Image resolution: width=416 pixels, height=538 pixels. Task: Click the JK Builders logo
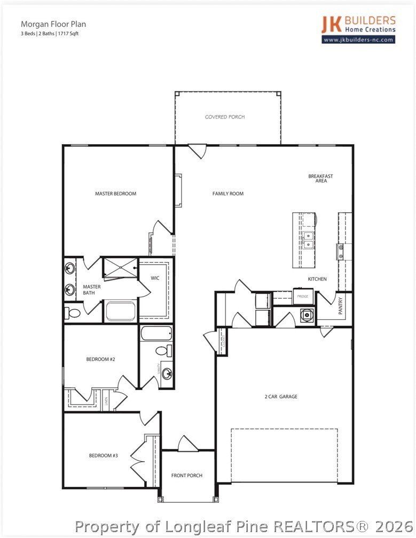pos(358,24)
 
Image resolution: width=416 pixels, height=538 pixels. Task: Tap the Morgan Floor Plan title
pos(53,24)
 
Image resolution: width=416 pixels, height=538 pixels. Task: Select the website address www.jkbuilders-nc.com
pos(358,39)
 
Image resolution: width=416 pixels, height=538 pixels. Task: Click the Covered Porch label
pos(225,117)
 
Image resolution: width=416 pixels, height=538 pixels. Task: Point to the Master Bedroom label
pos(115,194)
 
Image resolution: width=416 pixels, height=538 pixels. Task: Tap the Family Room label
pos(228,194)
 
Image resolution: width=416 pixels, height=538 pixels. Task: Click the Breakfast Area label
pos(320,179)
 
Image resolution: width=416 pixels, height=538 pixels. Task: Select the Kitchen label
pos(317,279)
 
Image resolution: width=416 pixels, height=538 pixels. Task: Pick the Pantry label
pos(340,306)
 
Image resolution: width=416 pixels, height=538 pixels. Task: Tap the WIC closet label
pos(155,278)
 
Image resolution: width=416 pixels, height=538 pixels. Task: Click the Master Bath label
pos(92,290)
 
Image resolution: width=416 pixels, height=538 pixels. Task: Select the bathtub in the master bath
pos(120,311)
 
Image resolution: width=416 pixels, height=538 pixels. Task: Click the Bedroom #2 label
pos(100,359)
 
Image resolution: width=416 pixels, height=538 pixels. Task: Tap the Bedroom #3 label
pos(103,456)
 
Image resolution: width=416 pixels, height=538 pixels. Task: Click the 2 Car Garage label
pos(281,397)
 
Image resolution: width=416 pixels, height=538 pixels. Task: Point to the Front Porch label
pos(186,476)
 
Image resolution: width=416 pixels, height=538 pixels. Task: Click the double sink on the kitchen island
pos(309,240)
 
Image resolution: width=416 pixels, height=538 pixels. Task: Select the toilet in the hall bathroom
pos(163,351)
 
